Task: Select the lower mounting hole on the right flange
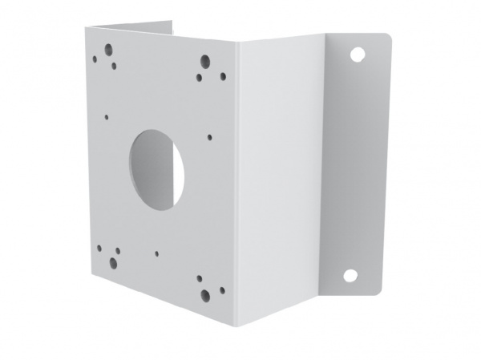[x=350, y=275]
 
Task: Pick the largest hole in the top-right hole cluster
[x=205, y=60]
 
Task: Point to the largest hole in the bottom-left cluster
[x=113, y=263]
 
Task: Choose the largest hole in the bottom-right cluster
[x=206, y=294]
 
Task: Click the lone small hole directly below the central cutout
[x=156, y=253]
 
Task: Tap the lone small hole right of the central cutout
[x=208, y=137]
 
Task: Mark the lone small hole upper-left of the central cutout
[x=107, y=116]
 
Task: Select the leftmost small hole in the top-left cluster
[x=95, y=59]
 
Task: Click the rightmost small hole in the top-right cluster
[x=223, y=76]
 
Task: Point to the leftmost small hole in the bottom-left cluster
[x=100, y=248]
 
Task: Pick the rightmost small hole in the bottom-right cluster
[x=222, y=290]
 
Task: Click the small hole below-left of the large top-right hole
[x=198, y=78]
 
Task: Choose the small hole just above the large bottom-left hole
[x=117, y=250]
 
